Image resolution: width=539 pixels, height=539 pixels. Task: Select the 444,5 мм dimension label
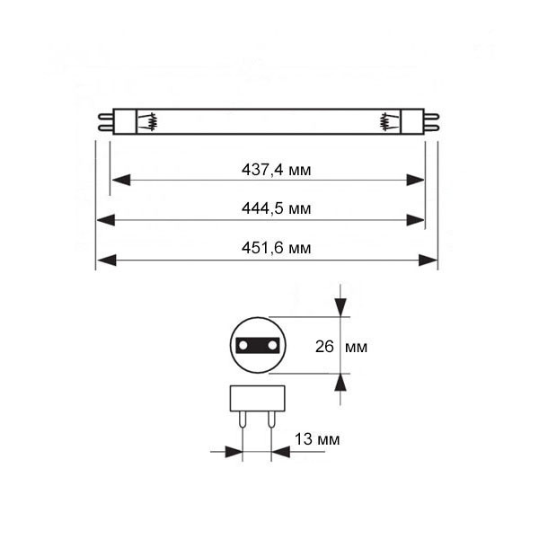[x=276, y=208]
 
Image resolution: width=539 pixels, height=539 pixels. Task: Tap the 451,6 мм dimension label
[x=276, y=249]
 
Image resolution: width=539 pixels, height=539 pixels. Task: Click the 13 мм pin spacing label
[x=317, y=439]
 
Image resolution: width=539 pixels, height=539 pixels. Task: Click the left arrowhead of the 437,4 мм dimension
[x=119, y=180]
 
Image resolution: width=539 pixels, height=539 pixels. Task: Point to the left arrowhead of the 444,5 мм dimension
[x=106, y=220]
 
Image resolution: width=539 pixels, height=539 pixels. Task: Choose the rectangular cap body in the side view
[x=257, y=398]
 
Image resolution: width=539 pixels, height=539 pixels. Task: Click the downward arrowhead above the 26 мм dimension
[x=340, y=306]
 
